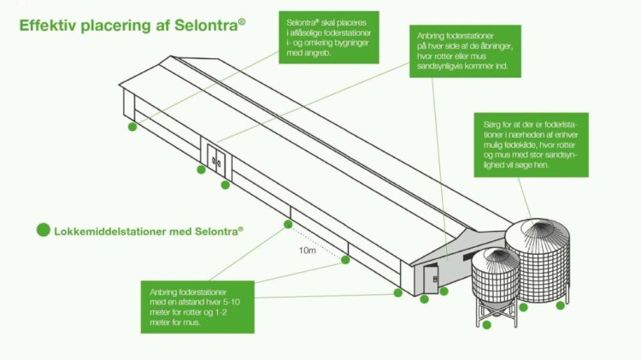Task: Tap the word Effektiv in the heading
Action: pos(48,26)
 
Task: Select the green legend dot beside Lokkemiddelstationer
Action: pos(43,230)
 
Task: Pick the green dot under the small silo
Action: pos(486,325)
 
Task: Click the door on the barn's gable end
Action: pos(431,279)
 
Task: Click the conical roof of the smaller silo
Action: pos(495,257)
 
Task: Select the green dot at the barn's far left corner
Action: pos(132,127)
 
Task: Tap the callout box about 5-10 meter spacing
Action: pos(197,307)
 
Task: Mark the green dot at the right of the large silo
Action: pos(561,305)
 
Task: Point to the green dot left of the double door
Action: pos(201,169)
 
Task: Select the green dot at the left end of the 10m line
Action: pos(286,225)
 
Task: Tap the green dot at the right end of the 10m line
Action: pos(345,260)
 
